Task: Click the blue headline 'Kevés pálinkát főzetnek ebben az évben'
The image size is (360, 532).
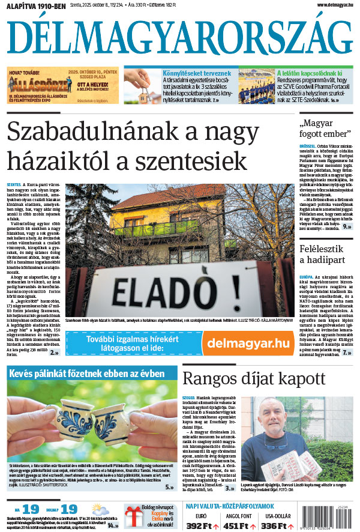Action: tap(87, 373)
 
